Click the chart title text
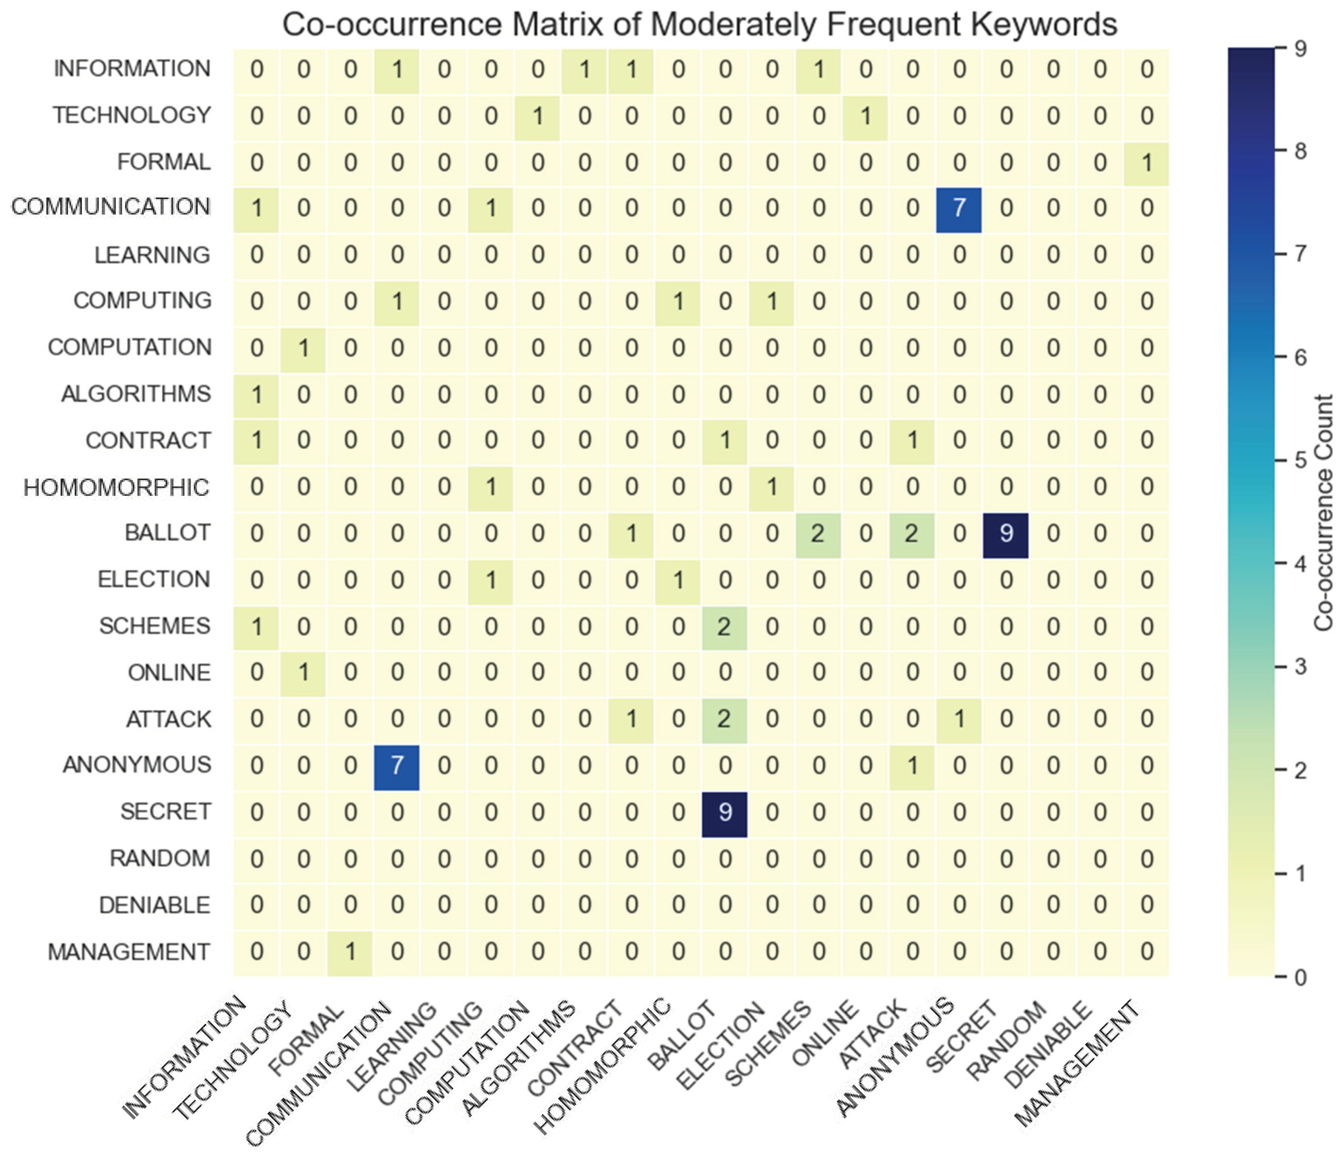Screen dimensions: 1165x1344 point(699,25)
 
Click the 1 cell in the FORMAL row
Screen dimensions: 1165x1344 point(1146,162)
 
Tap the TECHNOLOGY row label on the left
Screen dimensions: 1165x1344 point(132,116)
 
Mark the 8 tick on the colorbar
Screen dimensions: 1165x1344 point(1300,151)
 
